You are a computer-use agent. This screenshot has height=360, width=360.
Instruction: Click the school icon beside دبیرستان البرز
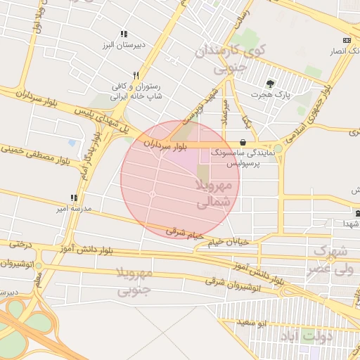pos(124,34)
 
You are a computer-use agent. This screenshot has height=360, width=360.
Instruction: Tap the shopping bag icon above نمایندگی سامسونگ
pos(243,141)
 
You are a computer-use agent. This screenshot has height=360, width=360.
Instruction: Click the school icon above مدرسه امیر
pos(74,198)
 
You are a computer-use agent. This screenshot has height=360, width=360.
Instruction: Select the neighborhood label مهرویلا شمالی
pos(212,193)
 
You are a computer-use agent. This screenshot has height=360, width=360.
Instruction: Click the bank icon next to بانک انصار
pos(347,40)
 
